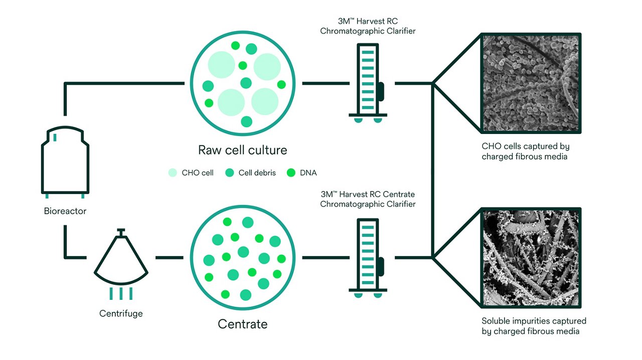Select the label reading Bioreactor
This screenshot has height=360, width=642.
tap(65, 211)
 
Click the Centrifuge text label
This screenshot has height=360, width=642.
tap(121, 313)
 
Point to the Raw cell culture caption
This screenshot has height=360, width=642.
tap(242, 150)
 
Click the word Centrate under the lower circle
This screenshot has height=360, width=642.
tap(242, 324)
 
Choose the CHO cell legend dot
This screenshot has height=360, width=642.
tap(173, 173)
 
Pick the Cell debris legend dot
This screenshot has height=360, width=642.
tap(230, 173)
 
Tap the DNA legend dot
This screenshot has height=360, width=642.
tap(291, 173)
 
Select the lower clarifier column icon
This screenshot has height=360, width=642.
tap(368, 257)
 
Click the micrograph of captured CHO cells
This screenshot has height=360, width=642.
tap(531, 83)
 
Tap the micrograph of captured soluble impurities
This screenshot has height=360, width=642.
tap(531, 257)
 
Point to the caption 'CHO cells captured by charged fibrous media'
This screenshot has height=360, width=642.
tap(525, 151)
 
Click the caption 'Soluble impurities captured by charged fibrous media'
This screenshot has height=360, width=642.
tap(534, 326)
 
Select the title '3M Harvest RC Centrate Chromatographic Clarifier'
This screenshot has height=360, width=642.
tap(368, 199)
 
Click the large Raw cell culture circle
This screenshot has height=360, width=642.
tap(242, 84)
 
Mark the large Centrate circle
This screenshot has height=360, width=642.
tap(242, 258)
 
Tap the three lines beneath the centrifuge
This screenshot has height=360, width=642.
tap(121, 293)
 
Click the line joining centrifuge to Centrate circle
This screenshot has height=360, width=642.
tap(170, 258)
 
